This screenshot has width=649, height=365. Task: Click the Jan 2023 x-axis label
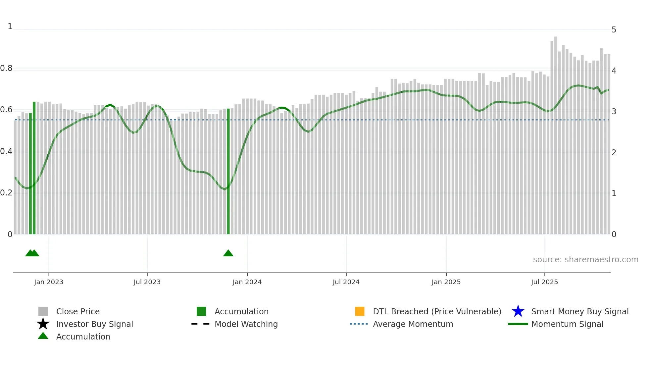(x=48, y=282)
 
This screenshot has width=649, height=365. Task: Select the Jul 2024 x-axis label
(x=346, y=282)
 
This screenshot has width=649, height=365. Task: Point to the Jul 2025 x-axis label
(x=544, y=282)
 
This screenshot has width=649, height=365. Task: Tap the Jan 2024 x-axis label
(x=247, y=282)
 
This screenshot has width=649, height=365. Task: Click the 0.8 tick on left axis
(x=6, y=68)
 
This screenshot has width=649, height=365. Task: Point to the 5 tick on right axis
(x=614, y=30)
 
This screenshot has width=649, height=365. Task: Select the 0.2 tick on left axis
(x=6, y=193)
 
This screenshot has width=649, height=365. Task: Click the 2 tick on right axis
(x=614, y=153)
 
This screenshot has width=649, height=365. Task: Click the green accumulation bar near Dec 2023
(x=228, y=172)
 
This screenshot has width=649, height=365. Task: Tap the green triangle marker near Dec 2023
(x=228, y=253)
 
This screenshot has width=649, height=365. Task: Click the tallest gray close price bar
(x=556, y=132)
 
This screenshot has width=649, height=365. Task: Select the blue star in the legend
(x=518, y=311)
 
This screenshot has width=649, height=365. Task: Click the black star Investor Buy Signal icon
(x=43, y=324)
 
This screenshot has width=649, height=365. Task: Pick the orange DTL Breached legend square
(x=360, y=311)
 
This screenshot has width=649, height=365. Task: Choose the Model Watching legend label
(x=246, y=324)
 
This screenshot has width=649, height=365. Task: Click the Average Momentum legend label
(x=413, y=324)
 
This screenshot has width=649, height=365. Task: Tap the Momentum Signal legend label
(x=567, y=324)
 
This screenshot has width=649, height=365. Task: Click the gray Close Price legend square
(x=43, y=311)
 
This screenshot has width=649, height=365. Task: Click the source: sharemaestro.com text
(x=585, y=259)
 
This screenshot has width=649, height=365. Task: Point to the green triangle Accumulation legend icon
(x=43, y=336)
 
